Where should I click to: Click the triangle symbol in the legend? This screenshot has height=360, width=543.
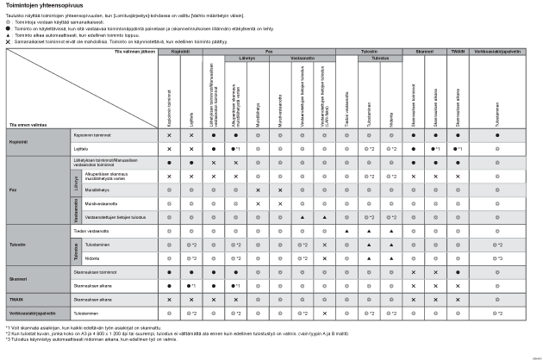(9, 34)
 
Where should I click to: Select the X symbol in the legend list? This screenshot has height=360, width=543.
(9, 40)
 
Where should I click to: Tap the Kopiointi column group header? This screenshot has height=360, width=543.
(180, 51)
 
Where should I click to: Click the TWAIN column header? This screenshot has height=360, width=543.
(459, 51)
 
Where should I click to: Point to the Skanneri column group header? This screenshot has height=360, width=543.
(422, 51)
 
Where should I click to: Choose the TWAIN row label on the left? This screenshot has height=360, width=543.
(16, 299)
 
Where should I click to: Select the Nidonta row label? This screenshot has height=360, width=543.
(80, 258)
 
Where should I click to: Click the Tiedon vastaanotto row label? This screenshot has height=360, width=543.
(90, 231)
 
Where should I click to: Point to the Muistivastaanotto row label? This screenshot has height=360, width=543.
(90, 203)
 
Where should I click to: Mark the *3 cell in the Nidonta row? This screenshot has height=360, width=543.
(498, 258)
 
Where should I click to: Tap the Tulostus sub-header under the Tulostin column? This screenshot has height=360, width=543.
(369, 59)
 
